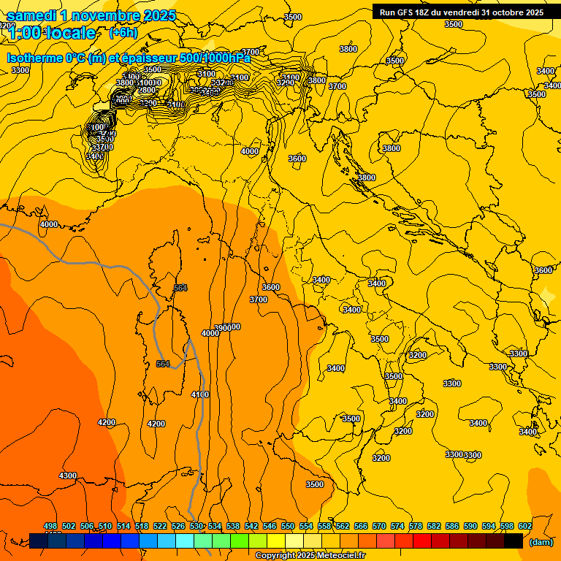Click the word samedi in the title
click(x=32, y=15)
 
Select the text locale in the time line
click(x=70, y=33)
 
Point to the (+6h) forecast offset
click(x=123, y=33)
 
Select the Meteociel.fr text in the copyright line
click(x=342, y=556)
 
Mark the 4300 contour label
click(x=68, y=476)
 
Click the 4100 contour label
click(x=199, y=394)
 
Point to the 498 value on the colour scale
click(x=50, y=526)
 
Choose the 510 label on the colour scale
click(x=105, y=526)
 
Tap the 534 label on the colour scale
click(x=215, y=526)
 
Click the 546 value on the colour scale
click(x=270, y=526)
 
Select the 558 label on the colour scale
click(x=324, y=526)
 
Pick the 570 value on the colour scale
click(x=379, y=526)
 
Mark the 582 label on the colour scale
click(x=434, y=526)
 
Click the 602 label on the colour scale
click(x=524, y=526)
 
